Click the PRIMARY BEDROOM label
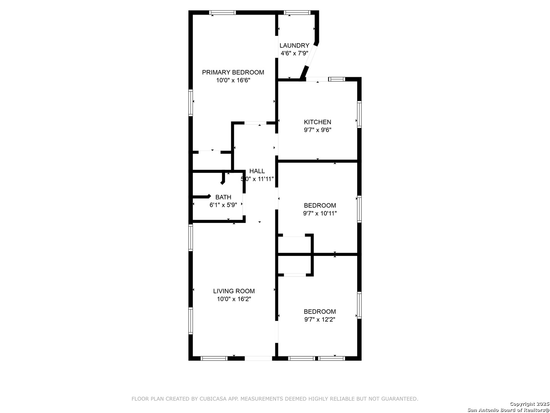[233, 73]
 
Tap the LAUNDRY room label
[294, 46]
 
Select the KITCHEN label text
[317, 122]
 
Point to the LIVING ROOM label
[234, 291]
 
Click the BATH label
[223, 197]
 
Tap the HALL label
[257, 171]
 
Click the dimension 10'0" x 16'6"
[233, 80]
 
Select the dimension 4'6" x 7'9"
[294, 54]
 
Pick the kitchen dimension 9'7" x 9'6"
[317, 130]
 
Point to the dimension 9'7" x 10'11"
[320, 213]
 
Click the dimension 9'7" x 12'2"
[320, 320]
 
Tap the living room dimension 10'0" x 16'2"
[234, 299]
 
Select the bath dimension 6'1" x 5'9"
[223, 205]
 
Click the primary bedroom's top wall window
[223, 13]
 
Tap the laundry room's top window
[297, 13]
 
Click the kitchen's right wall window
[359, 114]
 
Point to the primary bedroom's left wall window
[191, 103]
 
